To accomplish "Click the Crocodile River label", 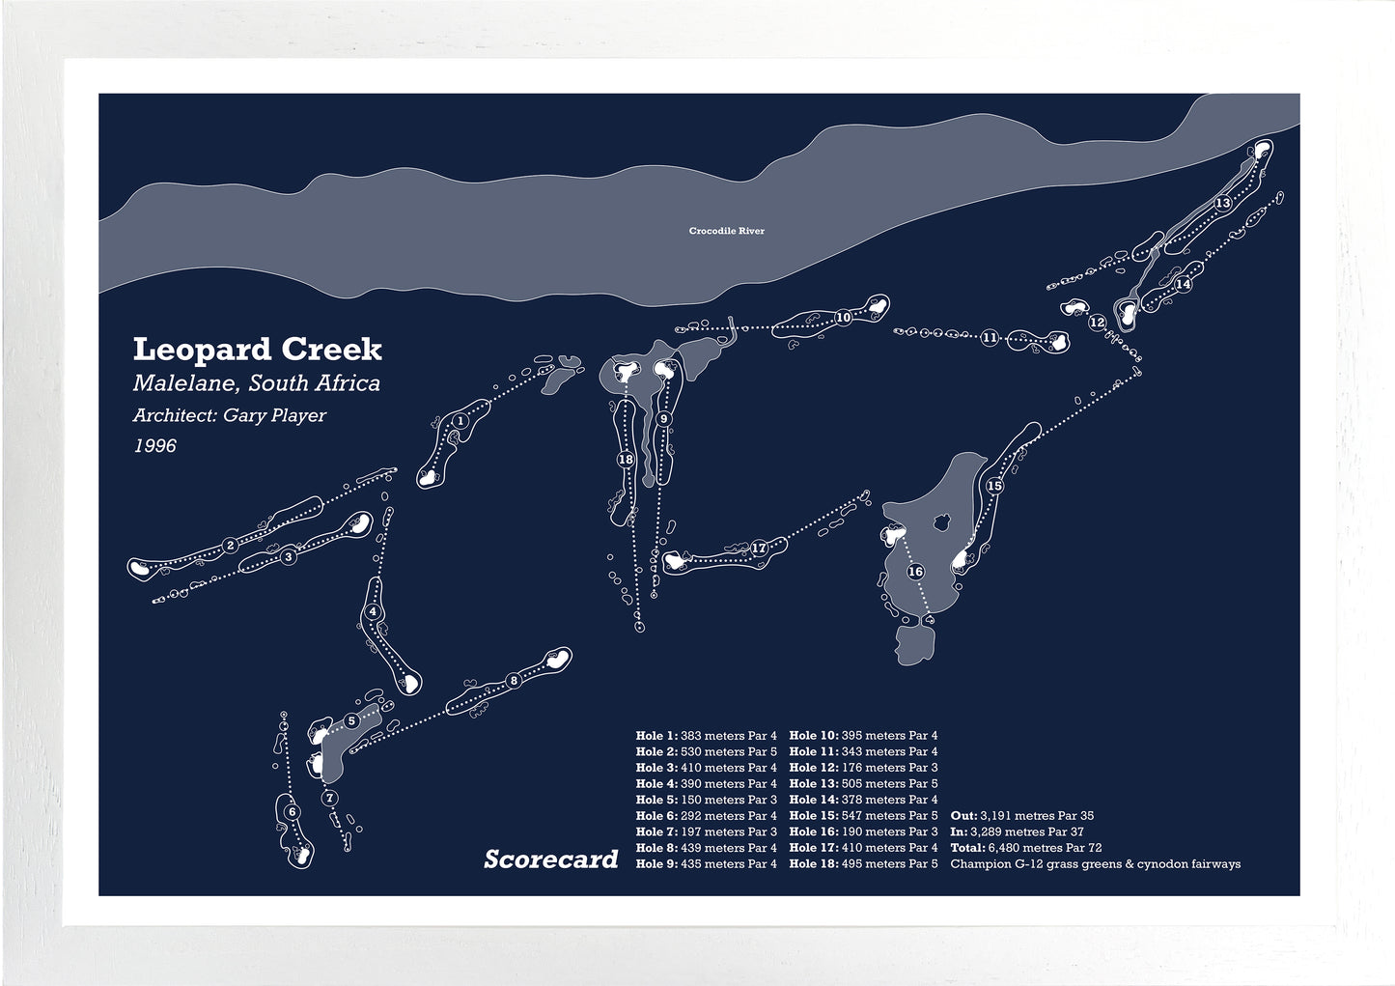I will point(726,231).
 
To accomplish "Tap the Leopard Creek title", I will point(257,349).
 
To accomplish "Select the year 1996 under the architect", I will point(154,446).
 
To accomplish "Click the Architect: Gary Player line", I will point(230,416).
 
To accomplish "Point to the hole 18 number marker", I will point(626,460).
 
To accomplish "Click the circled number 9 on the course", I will point(663,419).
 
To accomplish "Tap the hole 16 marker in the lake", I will point(915,572).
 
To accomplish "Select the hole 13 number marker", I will point(1222,203).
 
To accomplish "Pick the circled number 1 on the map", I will point(460,421).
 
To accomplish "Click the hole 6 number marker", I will point(292,812).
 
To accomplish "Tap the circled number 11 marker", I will point(990,338).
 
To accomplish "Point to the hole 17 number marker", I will point(759,549).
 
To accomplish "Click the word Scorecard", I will point(550,859).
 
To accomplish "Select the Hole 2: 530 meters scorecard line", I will point(706,751).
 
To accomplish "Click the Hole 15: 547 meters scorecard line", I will point(863,816).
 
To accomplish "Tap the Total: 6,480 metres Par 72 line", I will point(1025,848).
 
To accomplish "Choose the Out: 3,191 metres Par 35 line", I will point(1021,816).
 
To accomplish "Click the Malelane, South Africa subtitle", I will point(256,383).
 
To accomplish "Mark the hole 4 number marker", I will point(373,612).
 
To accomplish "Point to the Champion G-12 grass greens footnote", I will point(1095,864).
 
